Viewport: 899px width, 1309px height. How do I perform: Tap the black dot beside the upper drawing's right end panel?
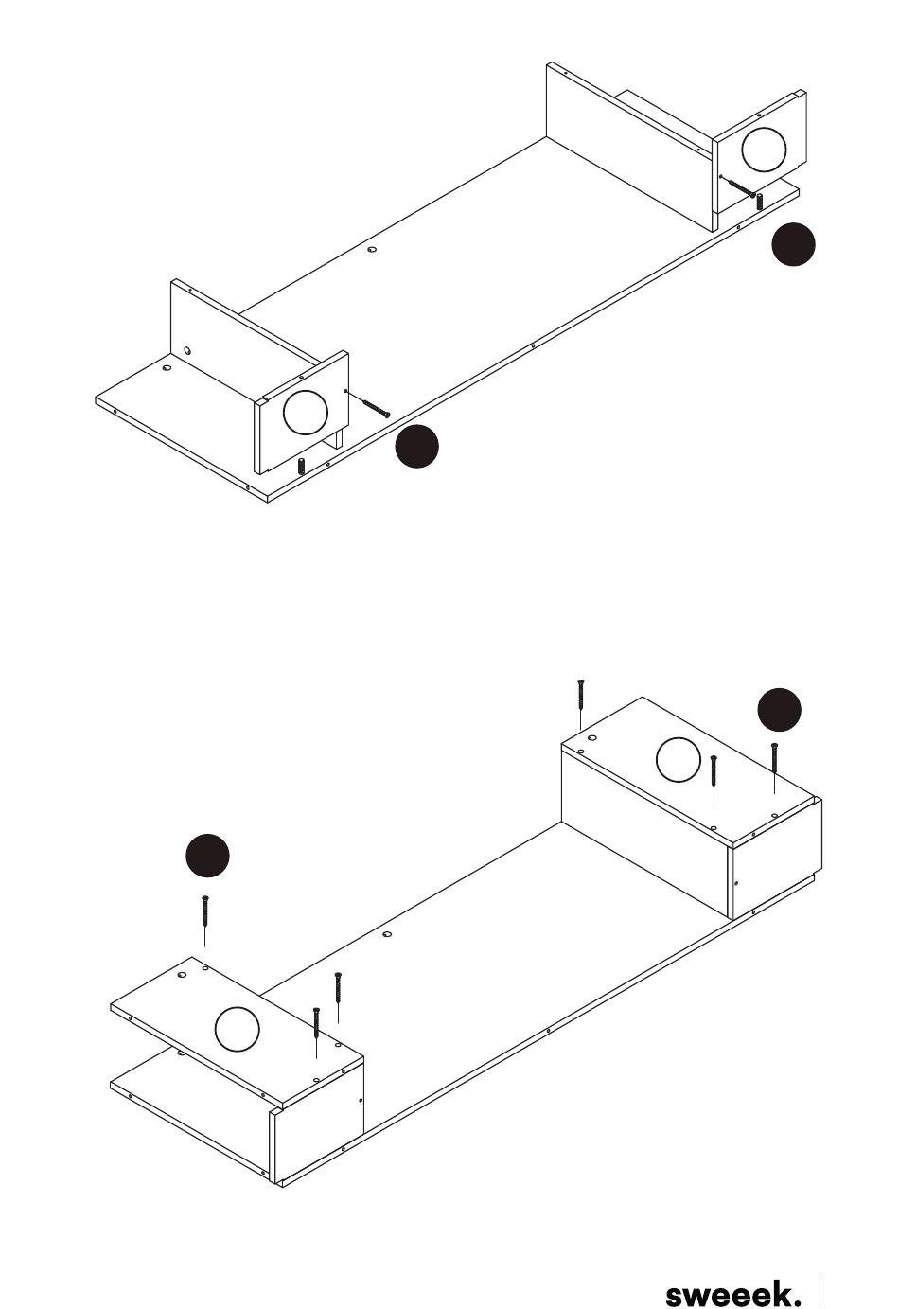[793, 243]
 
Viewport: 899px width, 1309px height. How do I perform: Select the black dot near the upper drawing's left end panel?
[416, 447]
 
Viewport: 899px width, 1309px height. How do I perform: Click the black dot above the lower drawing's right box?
[779, 710]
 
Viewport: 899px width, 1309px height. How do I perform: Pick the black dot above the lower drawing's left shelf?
[207, 856]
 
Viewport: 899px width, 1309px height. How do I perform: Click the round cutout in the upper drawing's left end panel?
[305, 413]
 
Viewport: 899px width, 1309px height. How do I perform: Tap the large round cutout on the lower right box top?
[679, 760]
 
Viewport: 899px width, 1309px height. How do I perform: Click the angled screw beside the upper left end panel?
[376, 408]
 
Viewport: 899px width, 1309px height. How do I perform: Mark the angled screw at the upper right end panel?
[741, 187]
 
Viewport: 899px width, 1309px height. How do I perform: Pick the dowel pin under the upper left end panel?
[302, 467]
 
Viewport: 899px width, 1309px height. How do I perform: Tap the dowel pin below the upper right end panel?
[759, 202]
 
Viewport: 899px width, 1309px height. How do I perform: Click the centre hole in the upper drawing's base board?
[372, 250]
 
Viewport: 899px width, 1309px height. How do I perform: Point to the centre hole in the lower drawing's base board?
[387, 934]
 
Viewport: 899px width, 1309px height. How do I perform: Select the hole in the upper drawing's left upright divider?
[187, 350]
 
